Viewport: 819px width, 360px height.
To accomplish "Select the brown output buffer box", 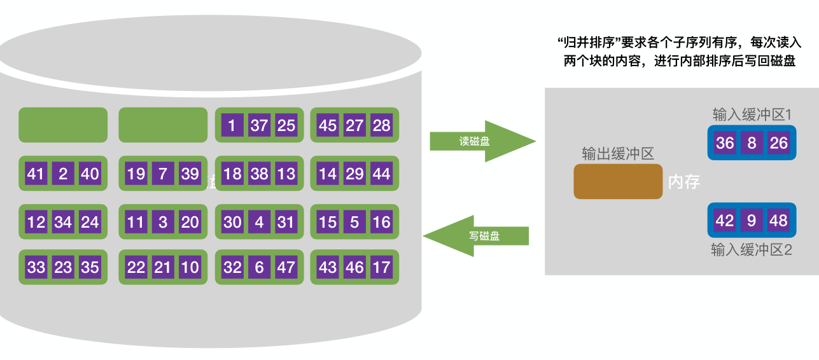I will (618, 181).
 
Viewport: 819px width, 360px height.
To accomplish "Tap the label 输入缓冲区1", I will (752, 114).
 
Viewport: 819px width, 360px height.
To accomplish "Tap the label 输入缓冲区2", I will (752, 250).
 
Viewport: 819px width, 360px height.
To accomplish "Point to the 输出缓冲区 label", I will (618, 153).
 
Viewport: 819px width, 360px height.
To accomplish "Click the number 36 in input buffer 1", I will (725, 143).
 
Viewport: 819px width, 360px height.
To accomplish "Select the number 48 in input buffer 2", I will (779, 221).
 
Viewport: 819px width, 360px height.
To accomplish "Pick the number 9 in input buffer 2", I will (752, 221).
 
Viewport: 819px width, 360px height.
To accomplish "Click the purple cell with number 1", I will (232, 125).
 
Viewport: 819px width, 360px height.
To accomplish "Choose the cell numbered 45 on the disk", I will (328, 125).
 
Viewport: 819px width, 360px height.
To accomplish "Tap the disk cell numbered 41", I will (36, 174).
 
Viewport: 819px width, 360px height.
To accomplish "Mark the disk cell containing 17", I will (381, 267).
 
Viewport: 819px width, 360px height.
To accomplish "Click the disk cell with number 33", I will (36, 267).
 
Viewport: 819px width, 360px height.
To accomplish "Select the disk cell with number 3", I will (163, 222).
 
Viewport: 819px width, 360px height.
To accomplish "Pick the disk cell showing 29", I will (354, 174).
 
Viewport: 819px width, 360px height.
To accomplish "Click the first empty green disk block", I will (63, 125).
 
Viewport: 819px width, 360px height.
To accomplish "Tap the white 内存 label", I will (684, 183).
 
